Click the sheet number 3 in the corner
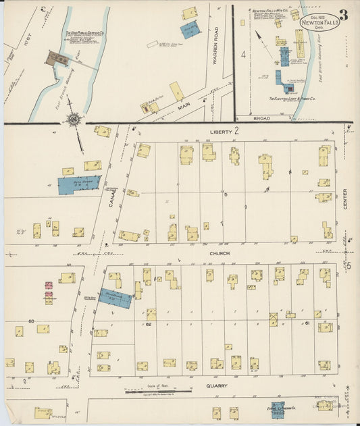[x=343, y=15]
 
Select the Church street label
[x=219, y=253]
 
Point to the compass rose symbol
[x=72, y=121]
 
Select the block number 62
[x=148, y=324]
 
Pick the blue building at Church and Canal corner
[x=115, y=298]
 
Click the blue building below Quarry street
[x=278, y=408]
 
